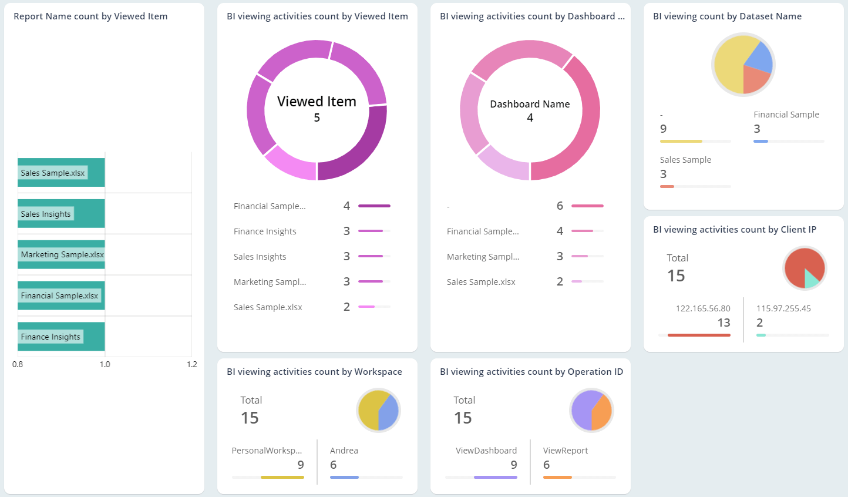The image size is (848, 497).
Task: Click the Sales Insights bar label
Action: coord(46,214)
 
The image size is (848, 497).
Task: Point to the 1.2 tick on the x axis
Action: coord(192,364)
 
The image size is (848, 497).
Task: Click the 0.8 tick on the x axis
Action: coord(18,364)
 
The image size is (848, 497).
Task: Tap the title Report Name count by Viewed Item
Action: coord(90,16)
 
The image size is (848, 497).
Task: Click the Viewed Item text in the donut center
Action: coord(317,102)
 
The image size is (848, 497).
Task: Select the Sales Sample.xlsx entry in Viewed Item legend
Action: coord(268,307)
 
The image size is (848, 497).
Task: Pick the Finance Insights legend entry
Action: coord(265,231)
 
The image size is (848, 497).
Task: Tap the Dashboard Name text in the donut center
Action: coord(530,104)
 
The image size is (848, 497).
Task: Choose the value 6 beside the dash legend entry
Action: coord(560,206)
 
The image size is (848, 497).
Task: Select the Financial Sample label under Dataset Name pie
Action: coord(786,115)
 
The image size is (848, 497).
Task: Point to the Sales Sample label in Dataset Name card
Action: coord(685,160)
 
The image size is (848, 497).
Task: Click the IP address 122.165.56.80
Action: coord(703,308)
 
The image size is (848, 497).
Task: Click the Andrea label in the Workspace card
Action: coord(344,451)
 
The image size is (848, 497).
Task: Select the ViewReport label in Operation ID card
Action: coord(565,451)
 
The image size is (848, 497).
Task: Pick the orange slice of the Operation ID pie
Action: coord(602,412)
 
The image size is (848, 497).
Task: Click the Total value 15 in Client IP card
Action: coord(676,276)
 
